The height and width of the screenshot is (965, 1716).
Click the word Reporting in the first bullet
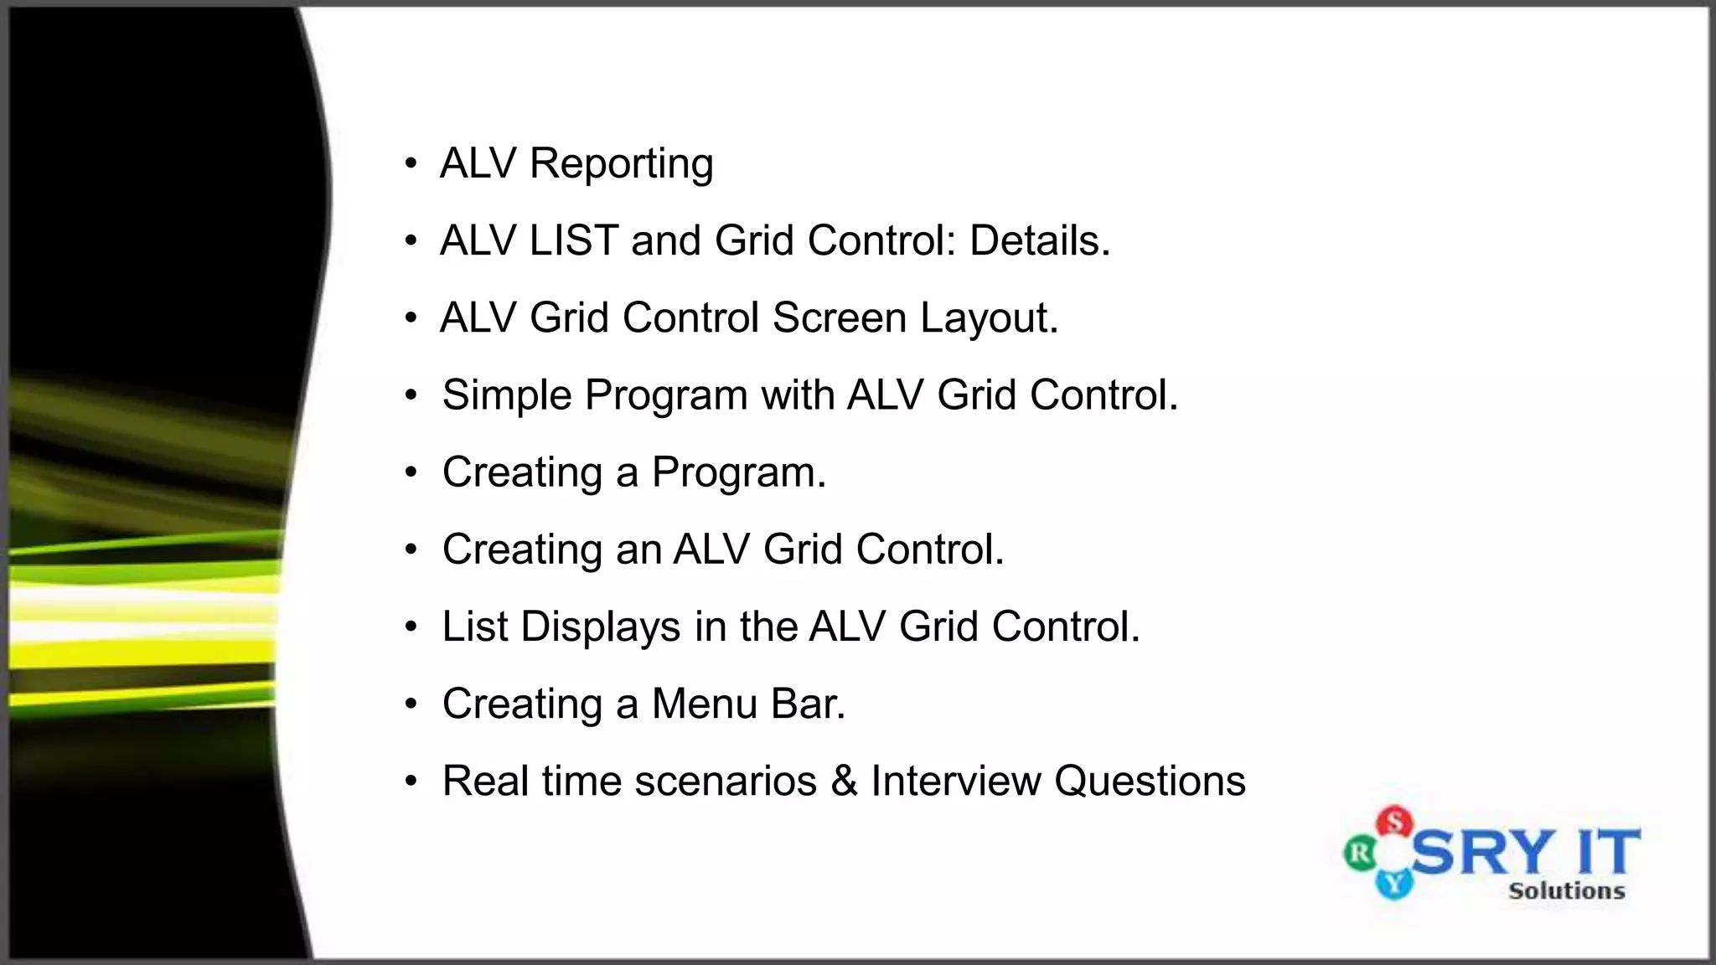(621, 164)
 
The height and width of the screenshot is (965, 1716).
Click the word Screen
(840, 318)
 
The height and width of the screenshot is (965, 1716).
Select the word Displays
(600, 627)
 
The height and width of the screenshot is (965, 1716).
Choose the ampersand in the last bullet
(844, 782)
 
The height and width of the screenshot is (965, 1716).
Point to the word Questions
(1150, 782)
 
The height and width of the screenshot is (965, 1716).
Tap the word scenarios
(726, 782)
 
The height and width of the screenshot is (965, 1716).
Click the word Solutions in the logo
(1566, 891)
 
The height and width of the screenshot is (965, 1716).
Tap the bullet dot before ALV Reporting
(411, 164)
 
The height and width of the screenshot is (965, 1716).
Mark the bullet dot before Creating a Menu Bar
(411, 704)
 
